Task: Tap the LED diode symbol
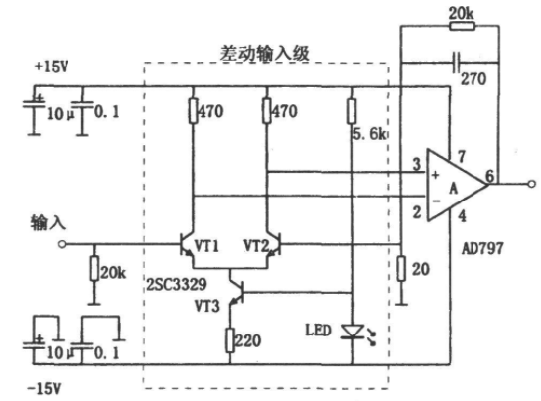[352, 332]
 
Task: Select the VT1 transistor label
[206, 246]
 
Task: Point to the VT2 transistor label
[256, 246]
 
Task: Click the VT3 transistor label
[207, 306]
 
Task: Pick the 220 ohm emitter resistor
[230, 340]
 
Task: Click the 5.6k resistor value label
[370, 134]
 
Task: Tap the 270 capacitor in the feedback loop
[456, 63]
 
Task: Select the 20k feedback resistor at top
[462, 26]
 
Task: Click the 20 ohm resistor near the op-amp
[401, 268]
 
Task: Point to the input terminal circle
[62, 245]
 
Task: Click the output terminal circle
[532, 184]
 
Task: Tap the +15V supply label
[51, 67]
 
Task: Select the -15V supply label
[44, 389]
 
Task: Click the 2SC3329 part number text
[177, 284]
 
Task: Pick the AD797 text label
[482, 248]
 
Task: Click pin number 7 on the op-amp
[462, 156]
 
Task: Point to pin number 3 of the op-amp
[417, 164]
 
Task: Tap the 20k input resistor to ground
[95, 268]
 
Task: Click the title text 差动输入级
[265, 54]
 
